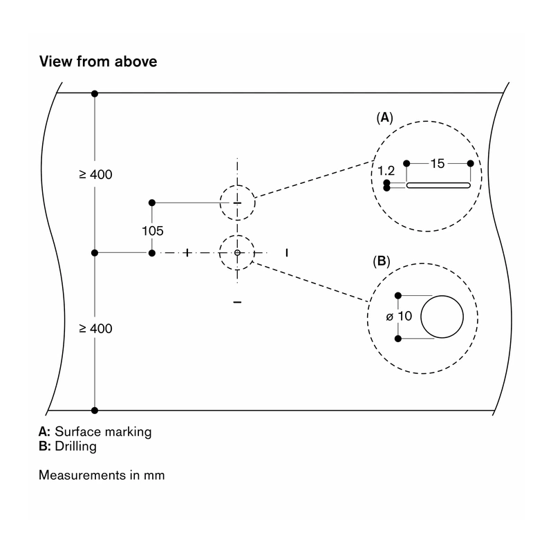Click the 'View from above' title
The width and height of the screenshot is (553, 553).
(x=98, y=62)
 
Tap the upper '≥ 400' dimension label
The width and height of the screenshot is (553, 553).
(x=95, y=175)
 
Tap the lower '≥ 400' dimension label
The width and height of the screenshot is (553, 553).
(x=95, y=329)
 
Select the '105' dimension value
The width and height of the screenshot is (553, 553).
(x=152, y=231)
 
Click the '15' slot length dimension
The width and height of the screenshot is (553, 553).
(x=438, y=164)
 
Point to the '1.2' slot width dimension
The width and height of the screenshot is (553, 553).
(x=386, y=171)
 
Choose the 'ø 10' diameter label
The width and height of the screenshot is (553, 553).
(x=399, y=316)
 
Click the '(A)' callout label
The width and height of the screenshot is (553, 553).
(x=384, y=118)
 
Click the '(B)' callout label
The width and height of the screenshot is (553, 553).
(x=382, y=261)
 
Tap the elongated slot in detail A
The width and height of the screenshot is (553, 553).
(x=438, y=185)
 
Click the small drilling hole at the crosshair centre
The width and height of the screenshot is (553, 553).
(x=237, y=253)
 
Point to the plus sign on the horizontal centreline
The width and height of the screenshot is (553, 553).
(x=187, y=253)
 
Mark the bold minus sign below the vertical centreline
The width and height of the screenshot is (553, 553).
(x=237, y=302)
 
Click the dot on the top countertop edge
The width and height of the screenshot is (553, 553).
(x=95, y=93)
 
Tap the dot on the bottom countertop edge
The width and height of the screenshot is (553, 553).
(x=95, y=410)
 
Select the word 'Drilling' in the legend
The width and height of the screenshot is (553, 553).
(x=75, y=447)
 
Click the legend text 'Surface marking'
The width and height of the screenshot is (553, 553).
(x=103, y=431)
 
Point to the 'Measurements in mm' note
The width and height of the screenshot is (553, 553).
(x=102, y=475)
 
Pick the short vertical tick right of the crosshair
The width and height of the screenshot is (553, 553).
(x=287, y=253)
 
